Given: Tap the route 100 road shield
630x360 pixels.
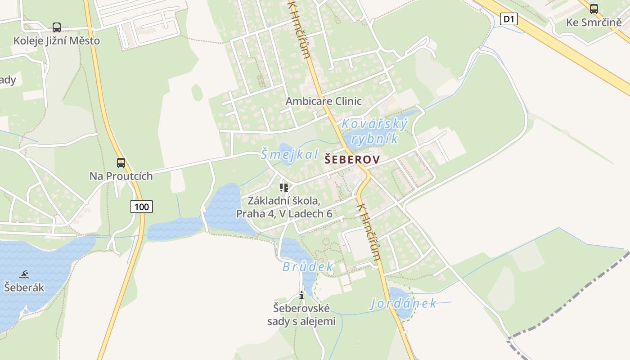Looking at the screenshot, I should click(x=142, y=207).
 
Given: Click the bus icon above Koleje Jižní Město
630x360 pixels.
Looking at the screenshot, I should click(x=57, y=27).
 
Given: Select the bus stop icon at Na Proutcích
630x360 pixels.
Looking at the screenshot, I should click(x=121, y=163).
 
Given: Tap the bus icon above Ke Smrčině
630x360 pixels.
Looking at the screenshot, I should click(x=594, y=9).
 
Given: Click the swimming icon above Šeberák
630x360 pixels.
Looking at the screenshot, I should click(x=24, y=274).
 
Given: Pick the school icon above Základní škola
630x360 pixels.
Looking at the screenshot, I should click(x=283, y=187).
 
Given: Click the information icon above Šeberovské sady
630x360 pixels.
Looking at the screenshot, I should click(x=301, y=295).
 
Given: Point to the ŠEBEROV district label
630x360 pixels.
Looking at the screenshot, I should click(x=352, y=159).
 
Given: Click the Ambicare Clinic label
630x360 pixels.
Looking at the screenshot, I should click(x=324, y=101).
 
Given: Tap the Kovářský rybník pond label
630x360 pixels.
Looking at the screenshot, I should click(x=374, y=131).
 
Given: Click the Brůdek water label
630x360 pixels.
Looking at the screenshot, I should click(x=308, y=267).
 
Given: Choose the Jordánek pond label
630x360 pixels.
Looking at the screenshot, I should click(x=403, y=304).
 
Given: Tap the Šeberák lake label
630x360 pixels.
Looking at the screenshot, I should click(x=24, y=287).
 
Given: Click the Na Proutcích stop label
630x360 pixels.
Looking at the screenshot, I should click(x=121, y=176).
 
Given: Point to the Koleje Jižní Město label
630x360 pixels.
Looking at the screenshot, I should click(x=57, y=40).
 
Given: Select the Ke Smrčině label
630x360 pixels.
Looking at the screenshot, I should click(x=594, y=22).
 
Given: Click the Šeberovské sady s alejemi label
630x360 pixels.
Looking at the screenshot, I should click(x=301, y=315).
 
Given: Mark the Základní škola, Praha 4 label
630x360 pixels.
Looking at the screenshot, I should click(x=284, y=207).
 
